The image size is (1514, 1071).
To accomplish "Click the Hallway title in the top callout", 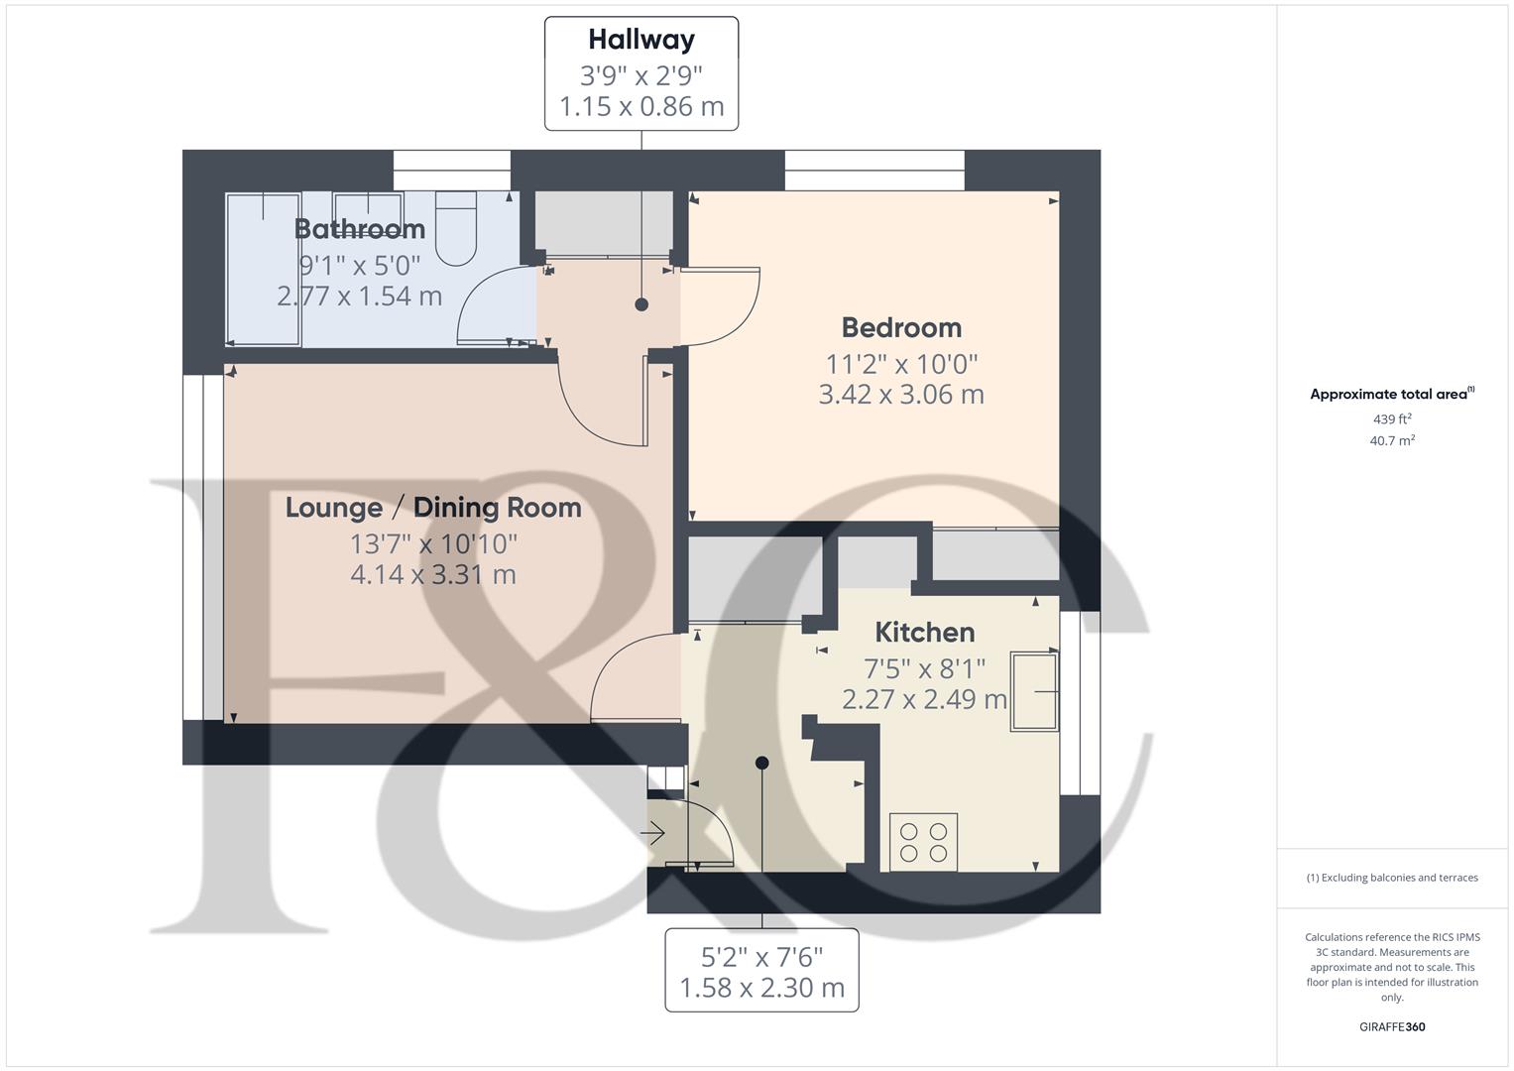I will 641,40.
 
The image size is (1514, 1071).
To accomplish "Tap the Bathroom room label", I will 360,229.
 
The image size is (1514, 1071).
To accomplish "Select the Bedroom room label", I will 901,327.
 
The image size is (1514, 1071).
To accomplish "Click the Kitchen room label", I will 924,632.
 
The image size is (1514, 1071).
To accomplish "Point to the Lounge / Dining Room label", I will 433,508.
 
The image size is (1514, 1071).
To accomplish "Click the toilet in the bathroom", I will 456,228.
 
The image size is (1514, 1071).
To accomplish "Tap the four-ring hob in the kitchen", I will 923,841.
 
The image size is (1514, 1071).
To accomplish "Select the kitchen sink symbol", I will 1034,691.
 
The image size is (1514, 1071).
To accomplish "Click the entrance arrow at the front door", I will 652,835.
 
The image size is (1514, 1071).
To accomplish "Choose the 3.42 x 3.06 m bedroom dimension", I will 901,395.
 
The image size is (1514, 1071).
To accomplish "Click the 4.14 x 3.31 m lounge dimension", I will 433,574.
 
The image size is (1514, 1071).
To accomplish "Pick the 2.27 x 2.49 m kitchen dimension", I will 924,699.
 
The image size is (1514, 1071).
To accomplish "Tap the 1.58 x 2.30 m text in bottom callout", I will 761,988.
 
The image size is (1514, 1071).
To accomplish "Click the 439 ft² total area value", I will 1392,419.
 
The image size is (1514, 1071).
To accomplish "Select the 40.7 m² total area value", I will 1392,441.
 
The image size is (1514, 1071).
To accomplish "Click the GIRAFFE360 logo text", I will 1392,1026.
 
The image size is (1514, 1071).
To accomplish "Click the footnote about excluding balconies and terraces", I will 1392,878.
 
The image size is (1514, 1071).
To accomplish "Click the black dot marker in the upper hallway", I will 641,304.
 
